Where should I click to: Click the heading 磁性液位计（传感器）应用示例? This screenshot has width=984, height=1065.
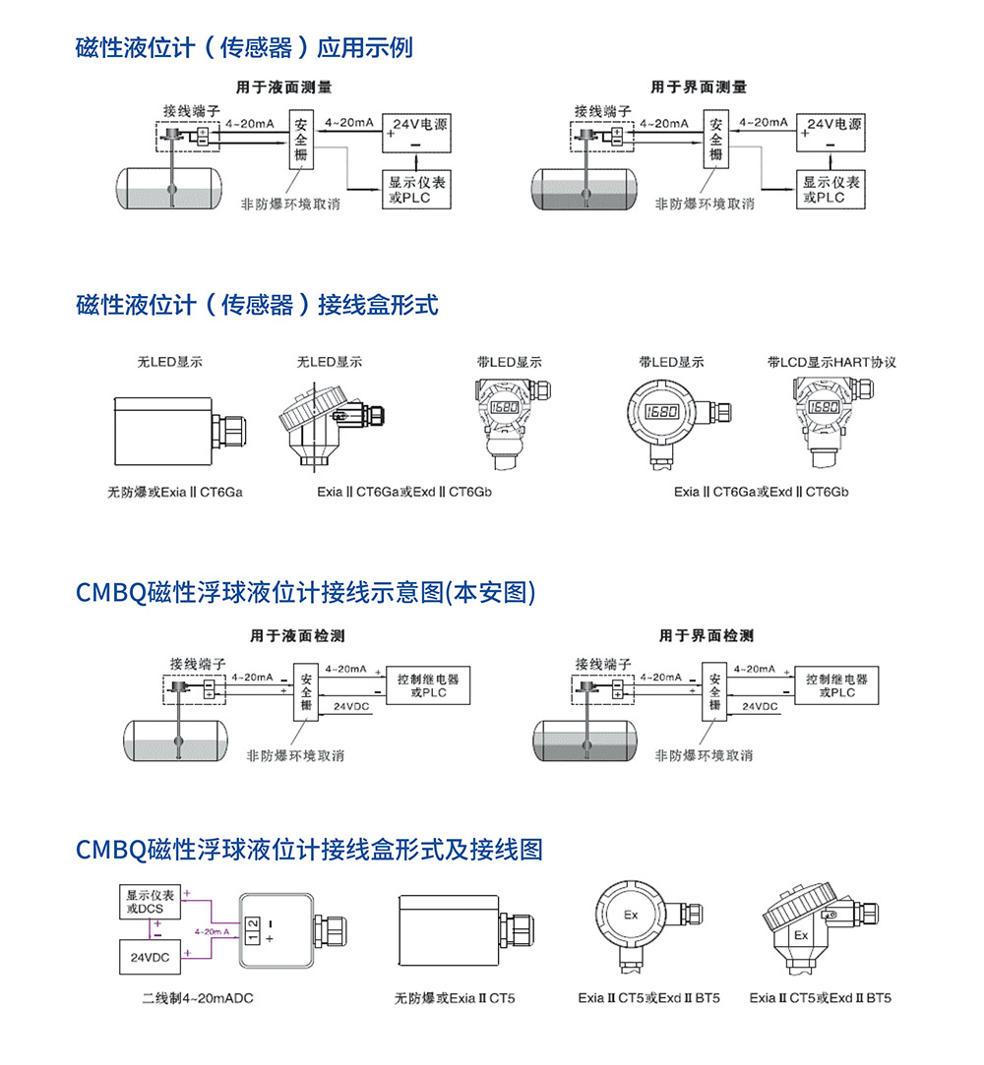244,47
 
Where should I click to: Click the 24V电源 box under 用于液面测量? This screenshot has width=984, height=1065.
419,132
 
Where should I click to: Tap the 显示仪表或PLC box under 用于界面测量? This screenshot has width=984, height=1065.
831,189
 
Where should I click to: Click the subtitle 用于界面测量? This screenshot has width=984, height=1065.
699,87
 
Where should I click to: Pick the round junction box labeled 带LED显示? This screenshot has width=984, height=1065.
666,411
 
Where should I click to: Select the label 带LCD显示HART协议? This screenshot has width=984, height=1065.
831,362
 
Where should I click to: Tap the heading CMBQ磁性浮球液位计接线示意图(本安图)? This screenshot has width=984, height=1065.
305,592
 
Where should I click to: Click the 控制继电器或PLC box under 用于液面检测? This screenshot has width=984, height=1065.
428,685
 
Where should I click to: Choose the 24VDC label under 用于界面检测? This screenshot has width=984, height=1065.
760,706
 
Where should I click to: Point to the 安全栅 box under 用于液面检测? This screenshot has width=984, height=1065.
306,692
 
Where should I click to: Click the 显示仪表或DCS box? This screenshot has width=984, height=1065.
151,902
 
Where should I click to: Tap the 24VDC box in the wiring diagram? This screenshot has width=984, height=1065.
144,956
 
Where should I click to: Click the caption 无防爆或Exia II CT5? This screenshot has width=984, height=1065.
455,998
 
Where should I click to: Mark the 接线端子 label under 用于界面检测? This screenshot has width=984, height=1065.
603,664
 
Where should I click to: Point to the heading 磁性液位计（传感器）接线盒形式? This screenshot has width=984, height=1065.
257,305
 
